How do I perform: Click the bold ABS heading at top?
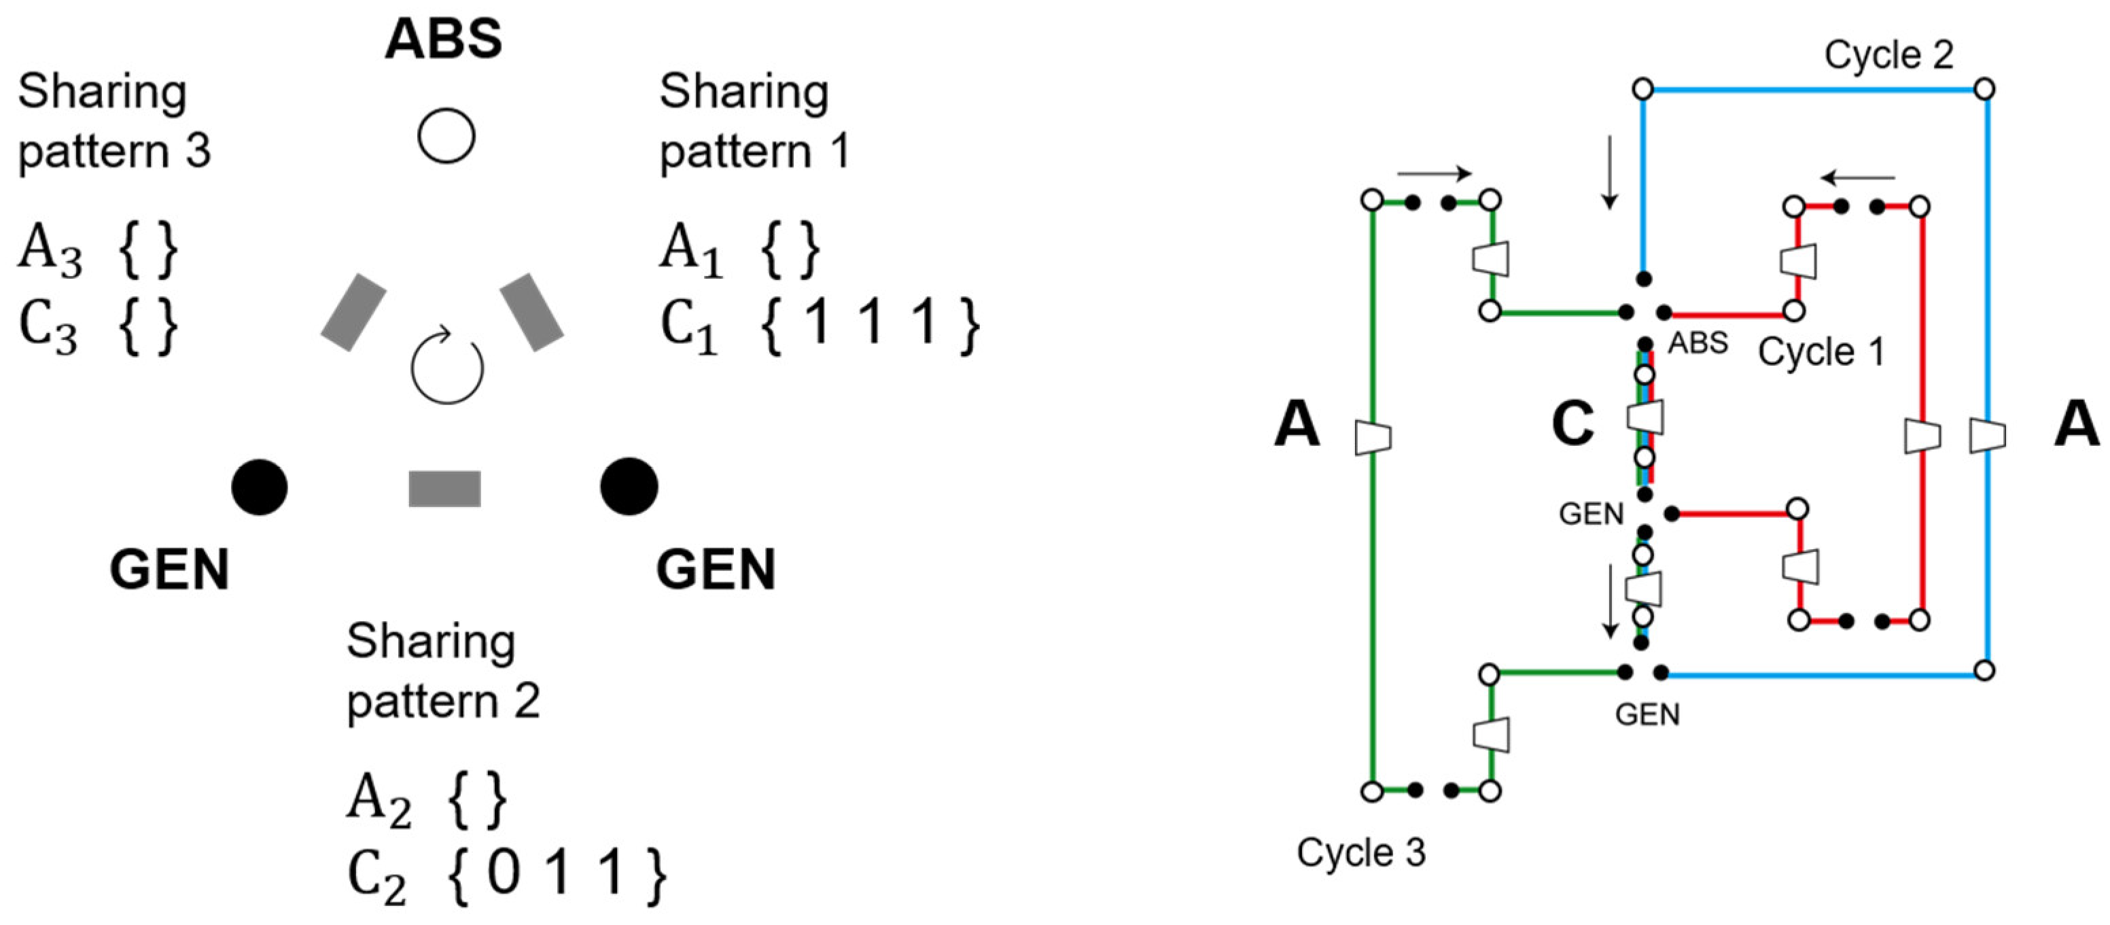(443, 39)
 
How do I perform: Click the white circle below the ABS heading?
(446, 135)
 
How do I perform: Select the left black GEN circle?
(260, 487)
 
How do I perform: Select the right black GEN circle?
(629, 487)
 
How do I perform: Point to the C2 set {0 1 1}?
(557, 874)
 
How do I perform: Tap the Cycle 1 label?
(1821, 352)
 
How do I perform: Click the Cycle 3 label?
(1360, 852)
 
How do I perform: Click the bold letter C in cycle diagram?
(1572, 424)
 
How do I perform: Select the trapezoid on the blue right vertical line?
(1987, 435)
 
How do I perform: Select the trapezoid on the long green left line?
(1373, 437)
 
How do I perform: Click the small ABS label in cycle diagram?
(1698, 343)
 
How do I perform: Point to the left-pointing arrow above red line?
(1858, 178)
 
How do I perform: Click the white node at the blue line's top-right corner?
(1984, 88)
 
